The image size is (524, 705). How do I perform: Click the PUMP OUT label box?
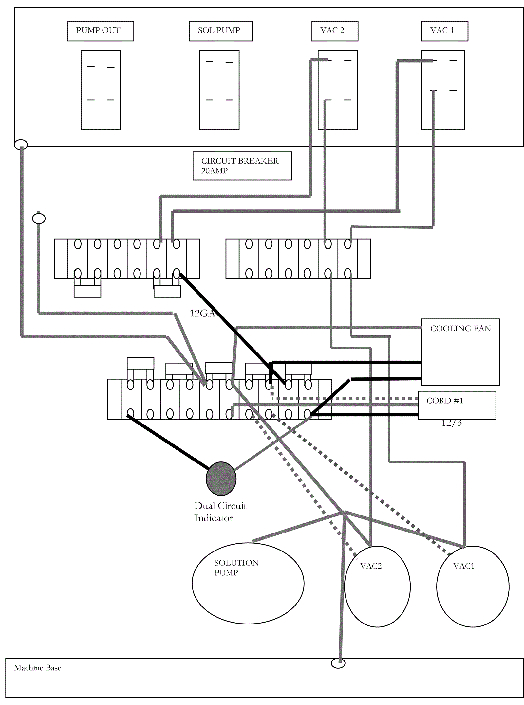click(x=101, y=31)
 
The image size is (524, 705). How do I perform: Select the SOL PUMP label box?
click(x=221, y=31)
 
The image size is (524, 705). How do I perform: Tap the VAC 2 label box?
click(x=335, y=31)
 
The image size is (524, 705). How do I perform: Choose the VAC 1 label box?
click(x=444, y=31)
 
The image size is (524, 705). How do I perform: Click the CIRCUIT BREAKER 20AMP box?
click(x=242, y=166)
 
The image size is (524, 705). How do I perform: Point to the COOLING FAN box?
click(x=460, y=352)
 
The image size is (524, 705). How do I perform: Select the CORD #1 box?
click(x=457, y=405)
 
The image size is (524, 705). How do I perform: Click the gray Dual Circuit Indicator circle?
click(x=221, y=478)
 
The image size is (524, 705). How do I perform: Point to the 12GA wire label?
click(x=202, y=313)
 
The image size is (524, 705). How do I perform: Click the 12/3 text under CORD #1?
click(x=452, y=423)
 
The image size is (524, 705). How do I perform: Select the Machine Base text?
click(x=38, y=668)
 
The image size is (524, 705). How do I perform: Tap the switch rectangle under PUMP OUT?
click(x=101, y=90)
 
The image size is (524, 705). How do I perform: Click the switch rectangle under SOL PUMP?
click(x=219, y=90)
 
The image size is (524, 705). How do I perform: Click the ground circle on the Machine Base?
click(x=338, y=663)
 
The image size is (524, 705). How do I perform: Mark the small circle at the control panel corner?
click(x=21, y=144)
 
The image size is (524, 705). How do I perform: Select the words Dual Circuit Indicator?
click(x=220, y=512)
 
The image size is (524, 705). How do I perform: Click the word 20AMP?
click(x=214, y=171)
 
